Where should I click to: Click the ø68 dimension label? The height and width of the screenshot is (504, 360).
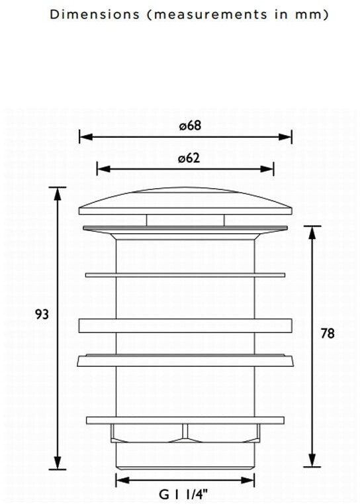(190, 125)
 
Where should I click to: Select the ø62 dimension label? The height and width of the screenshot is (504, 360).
(189, 158)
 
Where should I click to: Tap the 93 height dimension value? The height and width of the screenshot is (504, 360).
(42, 314)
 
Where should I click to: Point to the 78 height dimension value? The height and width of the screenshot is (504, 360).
(328, 333)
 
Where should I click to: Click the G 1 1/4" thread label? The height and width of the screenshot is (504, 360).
(183, 494)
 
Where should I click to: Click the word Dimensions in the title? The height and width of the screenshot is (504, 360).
(95, 15)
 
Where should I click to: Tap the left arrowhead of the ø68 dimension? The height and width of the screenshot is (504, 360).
(86, 137)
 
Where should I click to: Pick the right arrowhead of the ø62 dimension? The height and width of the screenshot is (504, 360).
(267, 169)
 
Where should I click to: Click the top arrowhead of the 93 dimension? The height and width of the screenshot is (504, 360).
(58, 193)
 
